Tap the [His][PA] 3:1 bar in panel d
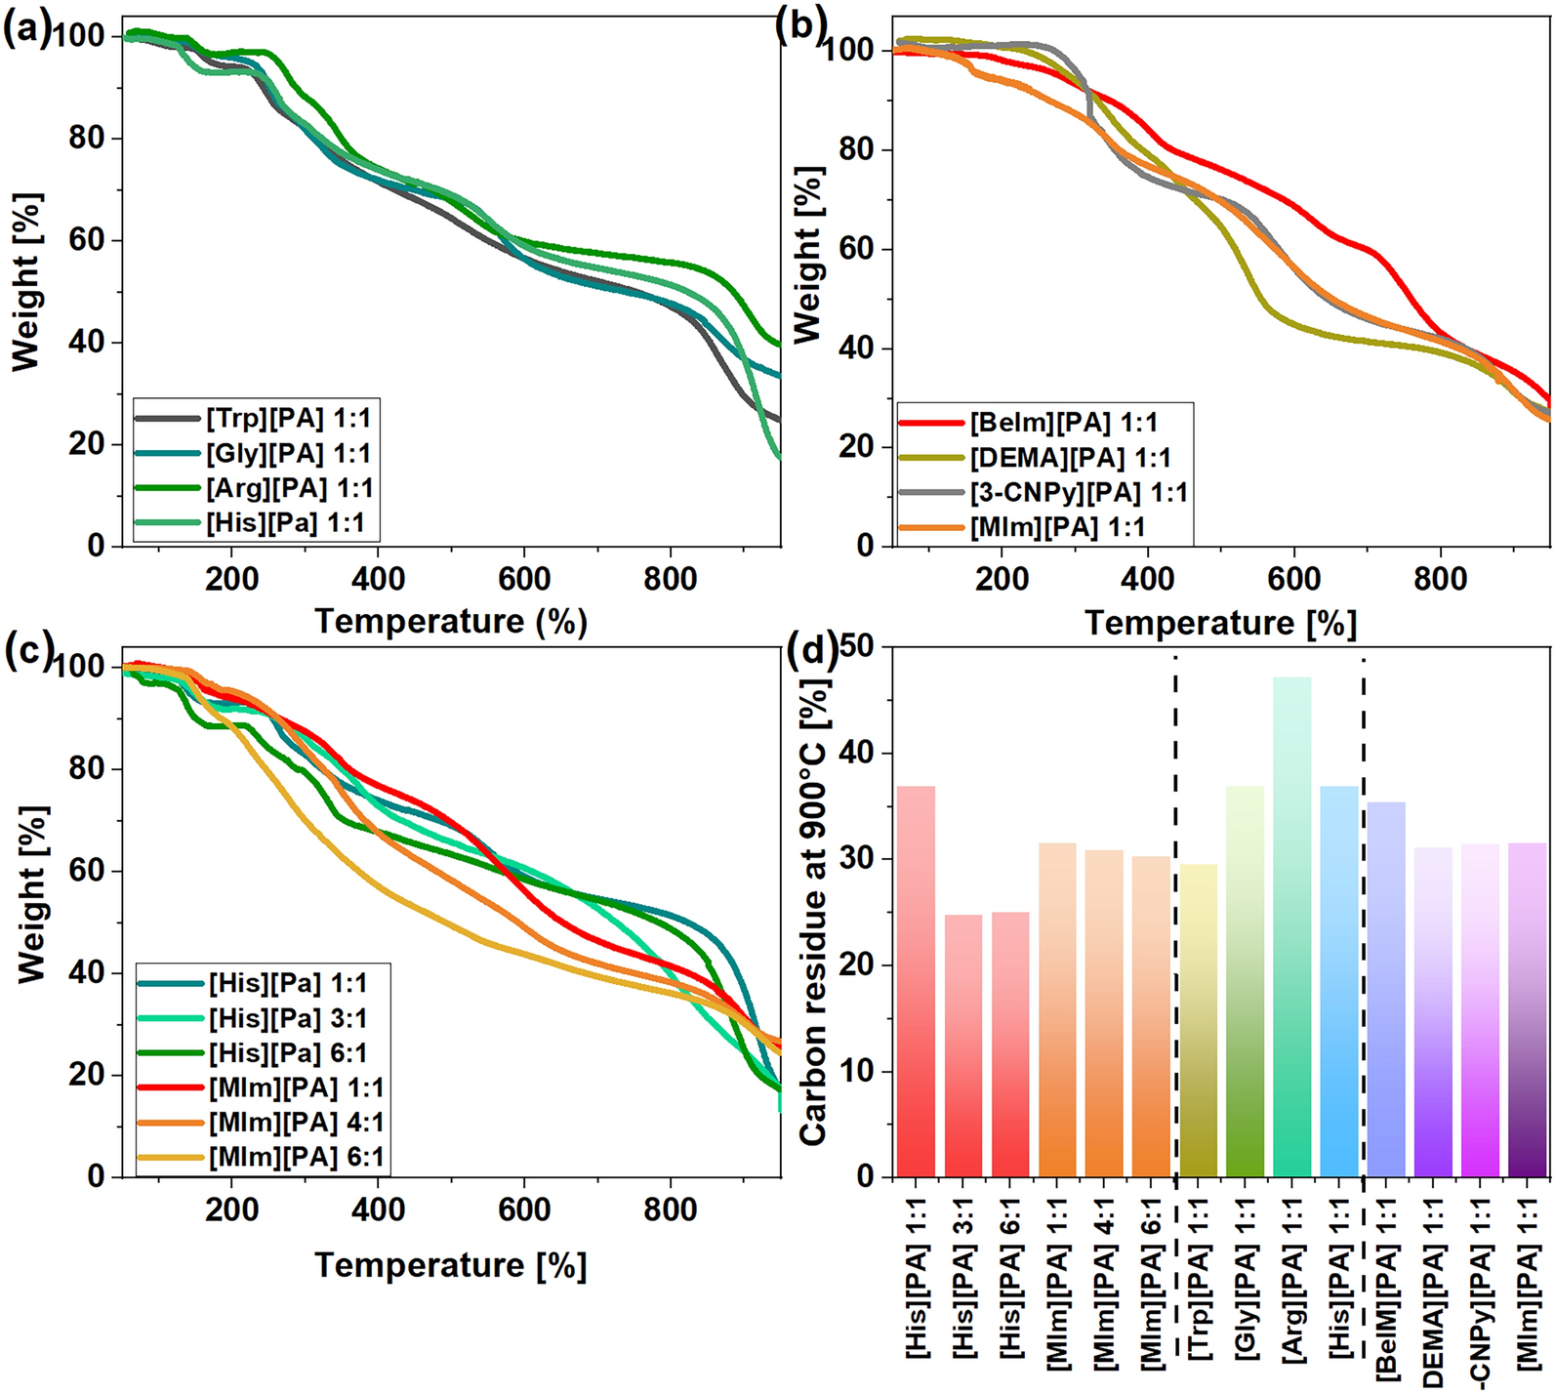point(963,1045)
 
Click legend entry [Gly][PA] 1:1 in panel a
point(288,454)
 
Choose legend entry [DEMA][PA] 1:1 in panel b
point(1069,458)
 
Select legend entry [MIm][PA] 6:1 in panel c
point(296,1158)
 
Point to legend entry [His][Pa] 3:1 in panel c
point(287,1018)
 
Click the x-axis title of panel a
point(451,621)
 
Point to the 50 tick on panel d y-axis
point(861,648)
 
